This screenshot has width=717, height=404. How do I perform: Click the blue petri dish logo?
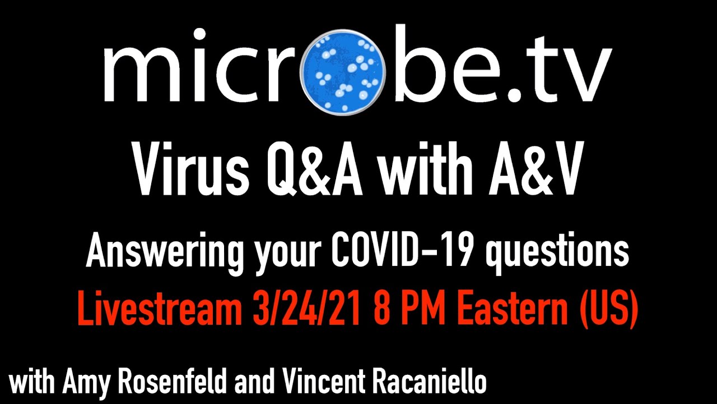coord(343,72)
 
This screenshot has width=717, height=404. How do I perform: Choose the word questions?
coord(557,253)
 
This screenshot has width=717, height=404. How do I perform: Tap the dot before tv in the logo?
coord(514,95)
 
